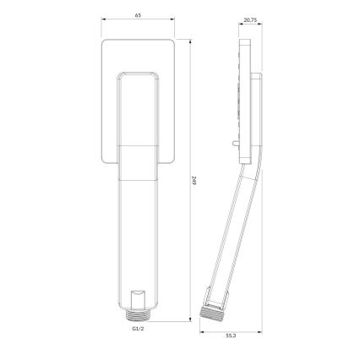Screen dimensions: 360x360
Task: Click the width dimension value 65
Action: pyautogui.click(x=139, y=15)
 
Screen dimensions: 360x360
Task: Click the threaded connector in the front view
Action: pyautogui.click(x=139, y=314)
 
